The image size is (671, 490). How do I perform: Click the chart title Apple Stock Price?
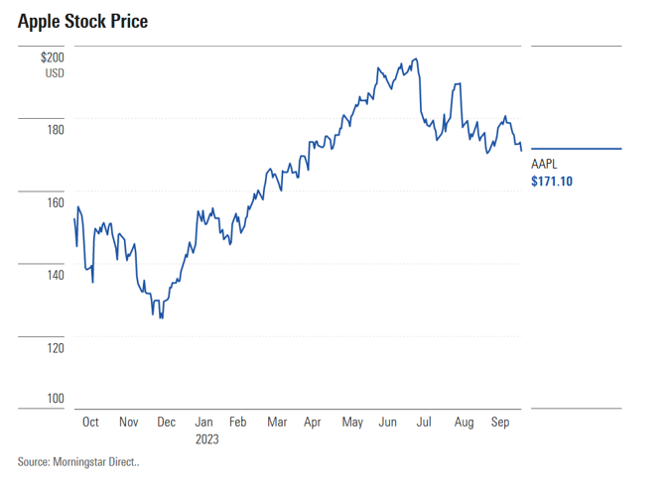click(82, 21)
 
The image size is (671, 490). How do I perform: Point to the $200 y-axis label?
click(52, 59)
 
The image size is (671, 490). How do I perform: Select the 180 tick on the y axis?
click(55, 130)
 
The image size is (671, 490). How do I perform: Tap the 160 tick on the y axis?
click(55, 202)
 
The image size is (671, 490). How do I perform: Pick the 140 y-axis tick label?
click(55, 275)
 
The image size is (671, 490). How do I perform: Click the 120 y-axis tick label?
click(55, 347)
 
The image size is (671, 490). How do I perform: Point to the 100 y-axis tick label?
click(55, 398)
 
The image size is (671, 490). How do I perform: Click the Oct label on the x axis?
click(90, 422)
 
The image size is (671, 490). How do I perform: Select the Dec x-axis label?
click(166, 422)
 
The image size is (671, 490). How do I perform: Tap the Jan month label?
click(203, 422)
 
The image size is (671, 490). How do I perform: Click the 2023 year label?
click(206, 437)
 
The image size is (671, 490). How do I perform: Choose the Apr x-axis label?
click(313, 422)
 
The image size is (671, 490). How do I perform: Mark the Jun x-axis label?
click(387, 422)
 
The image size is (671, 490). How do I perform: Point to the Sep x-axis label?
click(500, 422)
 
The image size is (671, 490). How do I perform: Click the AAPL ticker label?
click(546, 165)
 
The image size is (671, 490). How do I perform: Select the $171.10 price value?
click(553, 182)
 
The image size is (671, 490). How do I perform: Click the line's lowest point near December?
click(161, 317)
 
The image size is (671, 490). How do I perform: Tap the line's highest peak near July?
click(415, 60)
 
